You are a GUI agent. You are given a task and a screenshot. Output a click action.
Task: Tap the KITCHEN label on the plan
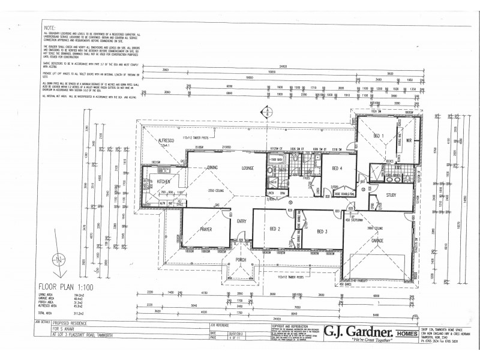point(164,180)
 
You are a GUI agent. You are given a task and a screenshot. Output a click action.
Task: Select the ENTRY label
point(242,221)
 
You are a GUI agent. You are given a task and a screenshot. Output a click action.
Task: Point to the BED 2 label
point(275,229)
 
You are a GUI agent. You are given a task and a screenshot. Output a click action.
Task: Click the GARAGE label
point(377,240)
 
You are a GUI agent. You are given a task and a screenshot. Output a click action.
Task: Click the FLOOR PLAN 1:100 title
point(71,286)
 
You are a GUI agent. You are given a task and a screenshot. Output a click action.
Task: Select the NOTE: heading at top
point(50,28)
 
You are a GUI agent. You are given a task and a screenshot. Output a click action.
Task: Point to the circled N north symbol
point(58,260)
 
